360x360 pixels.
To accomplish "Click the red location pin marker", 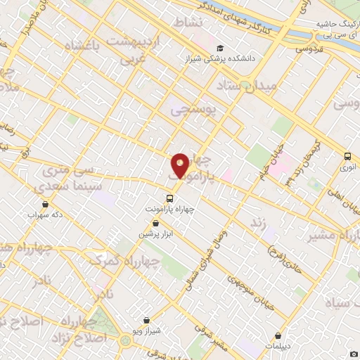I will click(x=180, y=165).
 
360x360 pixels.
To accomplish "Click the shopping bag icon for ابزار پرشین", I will click(x=146, y=221).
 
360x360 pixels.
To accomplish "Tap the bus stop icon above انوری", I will click(x=347, y=157).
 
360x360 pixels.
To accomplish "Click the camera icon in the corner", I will click(x=354, y=353).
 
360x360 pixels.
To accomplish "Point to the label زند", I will click(x=256, y=222).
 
